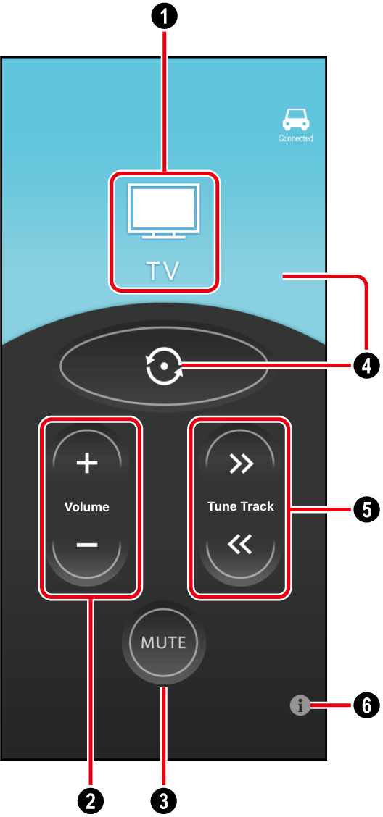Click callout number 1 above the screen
pos(165,17)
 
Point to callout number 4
pos(367,366)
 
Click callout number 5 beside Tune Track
pos(367,509)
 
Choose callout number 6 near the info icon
pos(367,706)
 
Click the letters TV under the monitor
pos(162,271)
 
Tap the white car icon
pos(295,121)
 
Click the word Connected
pos(295,138)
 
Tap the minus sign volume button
pos(86,545)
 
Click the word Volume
pos(86,506)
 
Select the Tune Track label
pos(241,506)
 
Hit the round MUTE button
pos(164,642)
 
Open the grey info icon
pos(300,706)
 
